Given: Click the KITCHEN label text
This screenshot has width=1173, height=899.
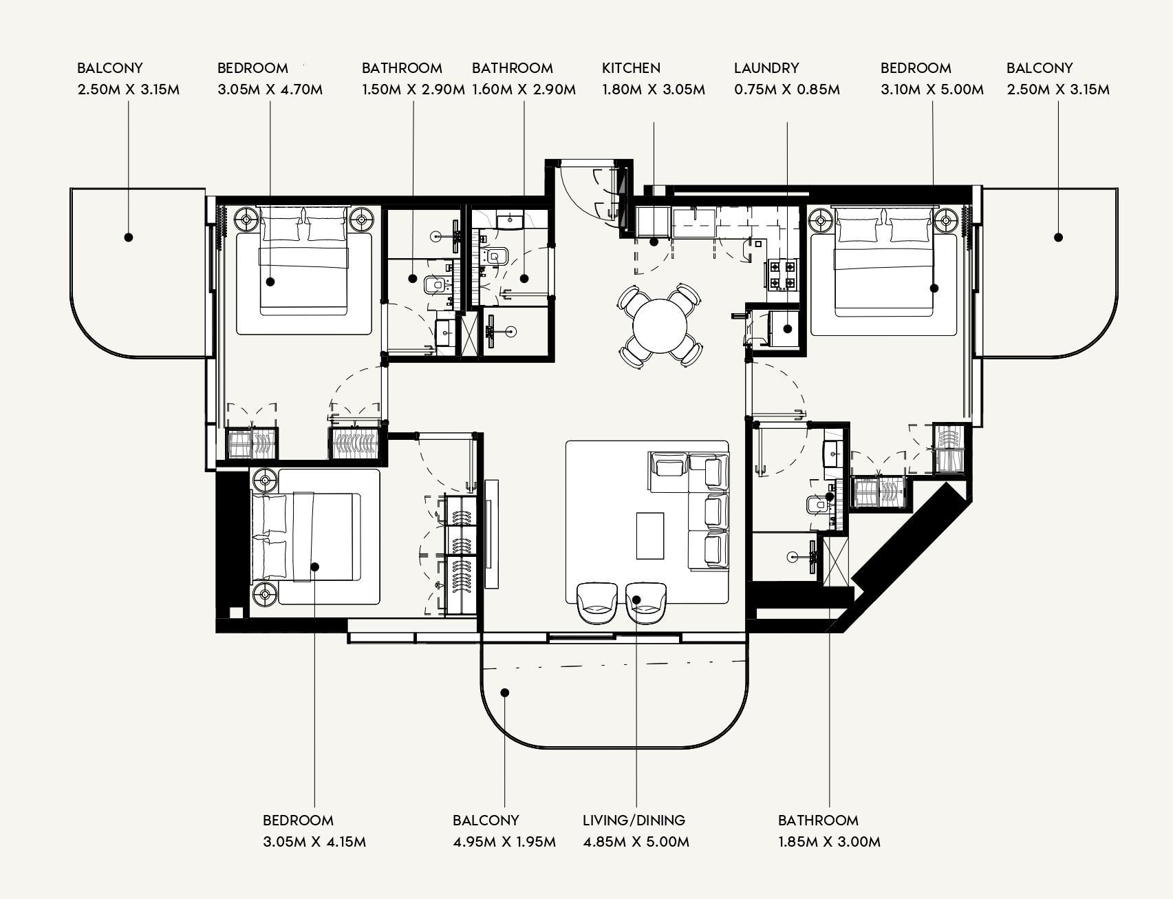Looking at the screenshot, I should pyautogui.click(x=631, y=68).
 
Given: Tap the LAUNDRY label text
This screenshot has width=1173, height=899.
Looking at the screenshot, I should pyautogui.click(x=766, y=68).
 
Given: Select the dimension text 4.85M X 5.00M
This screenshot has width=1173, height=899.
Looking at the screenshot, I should pyautogui.click(x=636, y=842).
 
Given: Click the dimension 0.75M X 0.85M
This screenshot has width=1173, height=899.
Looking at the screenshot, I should pyautogui.click(x=786, y=89).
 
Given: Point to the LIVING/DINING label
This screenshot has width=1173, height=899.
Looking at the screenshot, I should pyautogui.click(x=634, y=821).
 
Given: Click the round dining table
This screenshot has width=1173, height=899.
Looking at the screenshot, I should pyautogui.click(x=660, y=326).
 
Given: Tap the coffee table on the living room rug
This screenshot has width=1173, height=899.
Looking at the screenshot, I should pyautogui.click(x=650, y=536).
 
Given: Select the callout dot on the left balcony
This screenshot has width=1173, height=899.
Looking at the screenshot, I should pyautogui.click(x=129, y=237).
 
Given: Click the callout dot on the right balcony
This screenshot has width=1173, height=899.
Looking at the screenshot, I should pyautogui.click(x=1058, y=237).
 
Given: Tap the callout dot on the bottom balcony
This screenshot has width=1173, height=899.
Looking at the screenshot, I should pyautogui.click(x=504, y=692).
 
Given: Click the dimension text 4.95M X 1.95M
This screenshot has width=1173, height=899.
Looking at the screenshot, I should pyautogui.click(x=504, y=842).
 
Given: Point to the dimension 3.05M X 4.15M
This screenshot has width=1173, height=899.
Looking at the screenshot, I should pyautogui.click(x=314, y=842).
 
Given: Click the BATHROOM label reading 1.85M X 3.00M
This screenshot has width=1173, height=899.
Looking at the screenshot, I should pyautogui.click(x=818, y=821).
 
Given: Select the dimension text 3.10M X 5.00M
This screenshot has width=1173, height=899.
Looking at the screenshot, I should pyautogui.click(x=932, y=89).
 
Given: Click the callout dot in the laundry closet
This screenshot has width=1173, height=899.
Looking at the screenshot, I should pyautogui.click(x=788, y=329).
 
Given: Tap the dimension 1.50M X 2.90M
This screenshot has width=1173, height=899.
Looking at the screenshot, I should pyautogui.click(x=413, y=89).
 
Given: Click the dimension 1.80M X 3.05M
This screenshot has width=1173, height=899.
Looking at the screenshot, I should pyautogui.click(x=653, y=89).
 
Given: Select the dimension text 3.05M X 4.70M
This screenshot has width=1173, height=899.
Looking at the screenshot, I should pyautogui.click(x=270, y=89).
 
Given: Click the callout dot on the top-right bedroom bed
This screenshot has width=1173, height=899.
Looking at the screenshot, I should pyautogui.click(x=934, y=288).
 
